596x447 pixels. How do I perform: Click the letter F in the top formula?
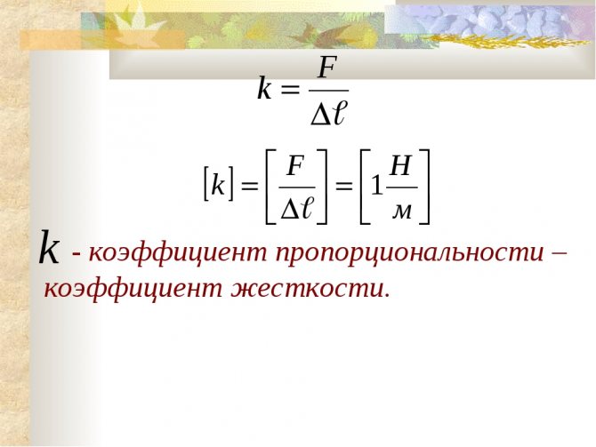pyautogui.click(x=327, y=68)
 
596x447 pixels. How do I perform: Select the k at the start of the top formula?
pyautogui.click(x=265, y=88)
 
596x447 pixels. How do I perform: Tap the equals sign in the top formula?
pyautogui.click(x=290, y=91)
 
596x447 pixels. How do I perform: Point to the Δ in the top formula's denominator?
pyautogui.click(x=320, y=115)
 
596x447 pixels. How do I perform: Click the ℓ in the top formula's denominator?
pyautogui.click(x=338, y=114)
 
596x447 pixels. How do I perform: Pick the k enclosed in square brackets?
pyautogui.click(x=218, y=185)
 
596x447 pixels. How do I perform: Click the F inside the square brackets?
pyautogui.click(x=295, y=166)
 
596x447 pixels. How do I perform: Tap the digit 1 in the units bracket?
pyautogui.click(x=376, y=186)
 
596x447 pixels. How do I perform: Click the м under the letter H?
pyautogui.click(x=401, y=212)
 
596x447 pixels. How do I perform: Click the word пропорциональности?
pyautogui.click(x=410, y=253)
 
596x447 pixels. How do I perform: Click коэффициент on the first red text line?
pyautogui.click(x=178, y=252)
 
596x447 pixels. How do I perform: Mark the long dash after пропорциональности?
pyautogui.click(x=559, y=252)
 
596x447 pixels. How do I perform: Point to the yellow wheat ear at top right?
pyautogui.click(x=510, y=41)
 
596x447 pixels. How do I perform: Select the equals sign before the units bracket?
pyautogui.click(x=344, y=187)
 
